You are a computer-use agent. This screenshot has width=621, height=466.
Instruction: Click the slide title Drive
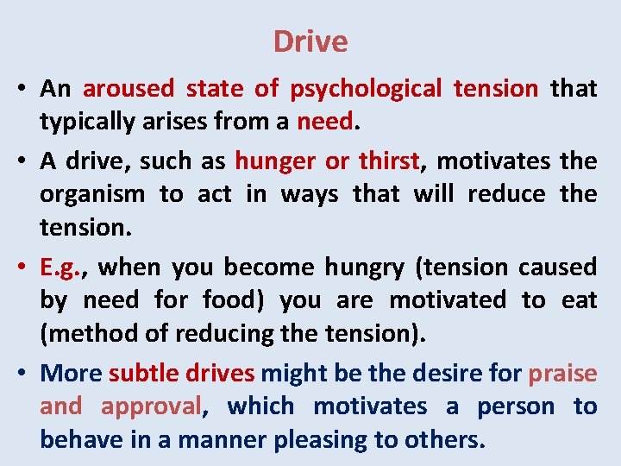coord(310,41)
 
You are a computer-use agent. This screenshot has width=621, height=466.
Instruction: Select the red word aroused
coord(128,89)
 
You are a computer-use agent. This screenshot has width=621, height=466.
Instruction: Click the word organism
coord(92,194)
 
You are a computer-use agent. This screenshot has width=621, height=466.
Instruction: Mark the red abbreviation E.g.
coord(68,268)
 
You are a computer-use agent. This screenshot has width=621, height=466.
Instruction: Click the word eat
coord(583,300)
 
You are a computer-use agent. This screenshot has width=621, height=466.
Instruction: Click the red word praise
coord(562,374)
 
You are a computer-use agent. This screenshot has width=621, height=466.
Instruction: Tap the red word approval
coord(151,406)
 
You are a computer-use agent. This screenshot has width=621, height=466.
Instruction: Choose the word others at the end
coord(440,439)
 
